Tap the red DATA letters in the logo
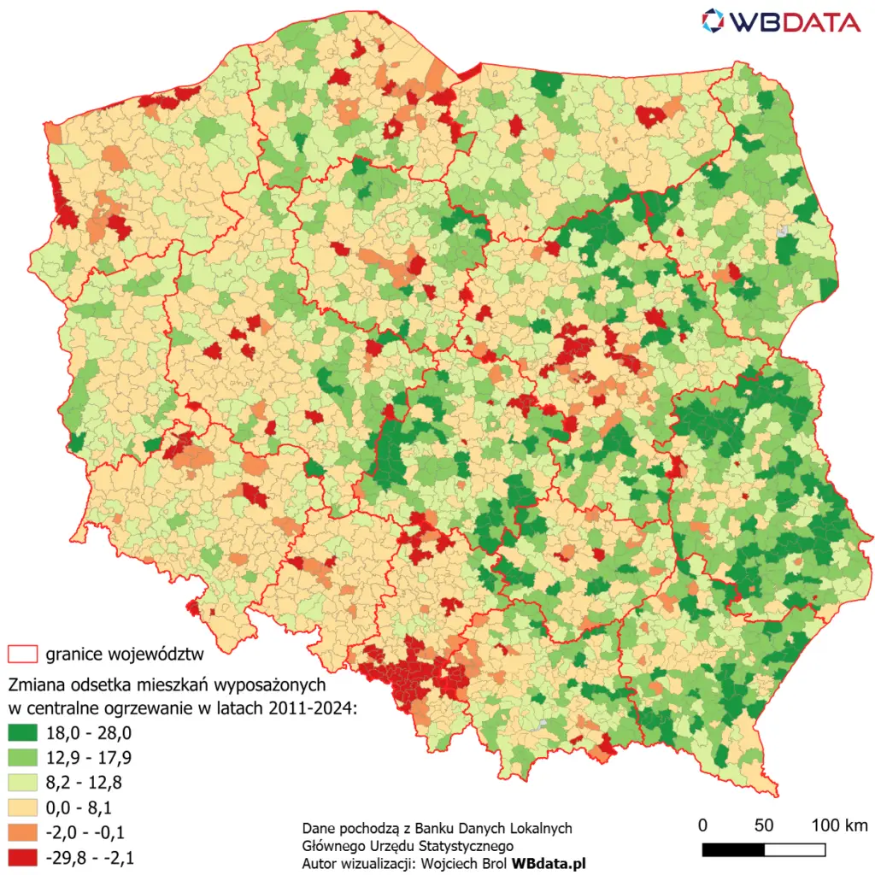point(820,21)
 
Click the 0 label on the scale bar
point(702,825)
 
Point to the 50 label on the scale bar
point(764,825)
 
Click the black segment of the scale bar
point(733,849)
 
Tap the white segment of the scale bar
point(795,849)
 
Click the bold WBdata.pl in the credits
point(548,864)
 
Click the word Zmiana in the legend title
point(34,685)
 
